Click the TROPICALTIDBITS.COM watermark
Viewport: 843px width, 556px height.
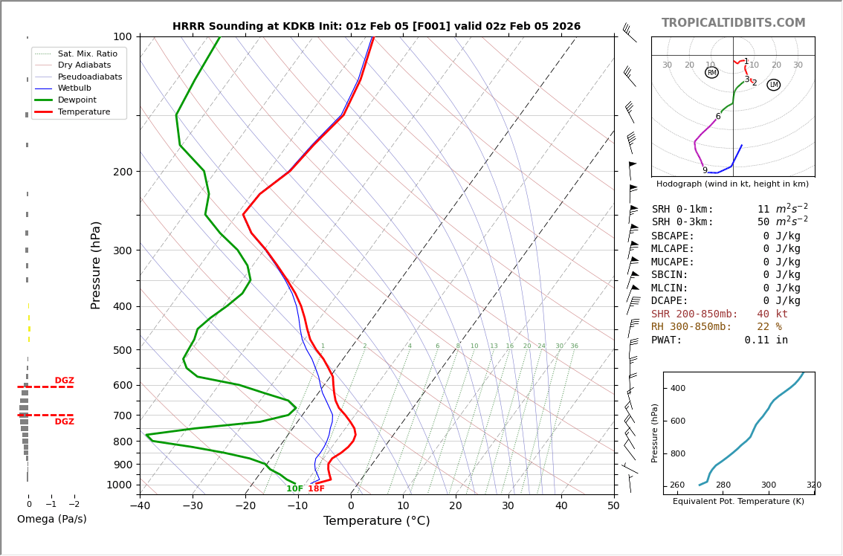(x=733, y=23)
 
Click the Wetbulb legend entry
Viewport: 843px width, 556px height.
(x=79, y=88)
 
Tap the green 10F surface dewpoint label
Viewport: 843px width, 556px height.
(x=295, y=489)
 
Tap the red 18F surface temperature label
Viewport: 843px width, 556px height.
(x=317, y=489)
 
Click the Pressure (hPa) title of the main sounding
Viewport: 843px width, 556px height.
(x=96, y=265)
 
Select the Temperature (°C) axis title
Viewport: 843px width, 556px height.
(x=377, y=521)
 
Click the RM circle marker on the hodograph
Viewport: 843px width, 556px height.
(x=711, y=72)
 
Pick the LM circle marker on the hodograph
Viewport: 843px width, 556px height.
(x=774, y=85)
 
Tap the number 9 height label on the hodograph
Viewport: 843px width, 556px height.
(x=705, y=170)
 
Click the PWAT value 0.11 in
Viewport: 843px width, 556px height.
(x=766, y=340)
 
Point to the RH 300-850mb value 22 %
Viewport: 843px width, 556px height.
(x=769, y=327)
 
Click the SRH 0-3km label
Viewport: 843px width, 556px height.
(x=682, y=222)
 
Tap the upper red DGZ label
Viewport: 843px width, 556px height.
(x=65, y=381)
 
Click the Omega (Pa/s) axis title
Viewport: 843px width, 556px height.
(x=51, y=519)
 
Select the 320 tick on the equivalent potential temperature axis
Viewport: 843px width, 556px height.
(x=814, y=485)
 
